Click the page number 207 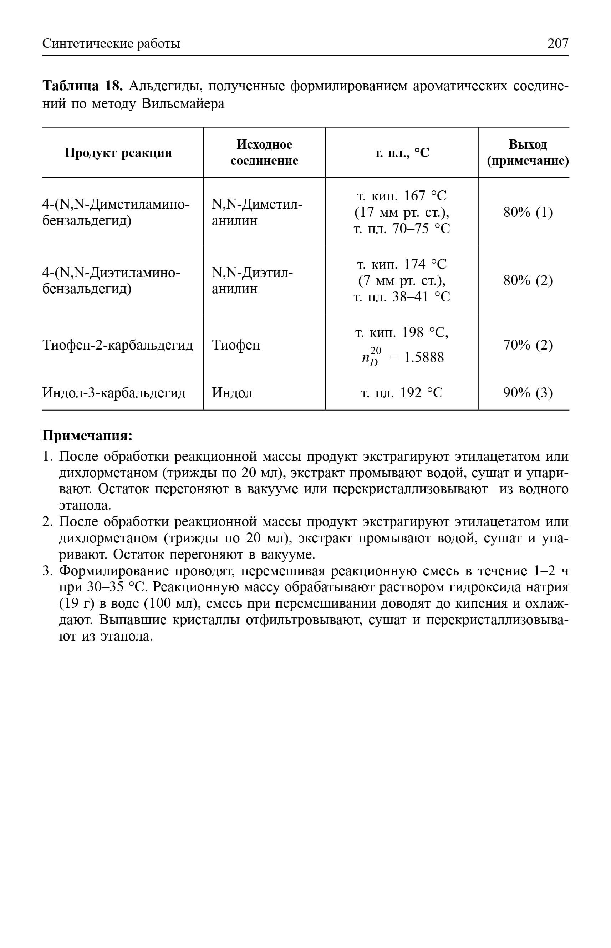(557, 43)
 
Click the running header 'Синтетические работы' (111, 44)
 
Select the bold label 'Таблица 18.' (83, 86)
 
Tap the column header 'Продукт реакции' (118, 153)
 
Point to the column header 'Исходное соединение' (264, 153)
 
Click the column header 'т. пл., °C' (402, 153)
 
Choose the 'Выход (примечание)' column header (528, 153)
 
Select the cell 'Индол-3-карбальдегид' (114, 393)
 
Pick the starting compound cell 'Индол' (232, 393)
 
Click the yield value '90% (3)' (528, 393)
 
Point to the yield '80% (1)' (528, 213)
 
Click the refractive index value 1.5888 (424, 358)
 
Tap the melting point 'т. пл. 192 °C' (402, 393)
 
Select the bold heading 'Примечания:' (87, 435)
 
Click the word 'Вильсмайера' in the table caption (183, 104)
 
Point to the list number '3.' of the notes (47, 571)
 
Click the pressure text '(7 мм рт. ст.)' (402, 281)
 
